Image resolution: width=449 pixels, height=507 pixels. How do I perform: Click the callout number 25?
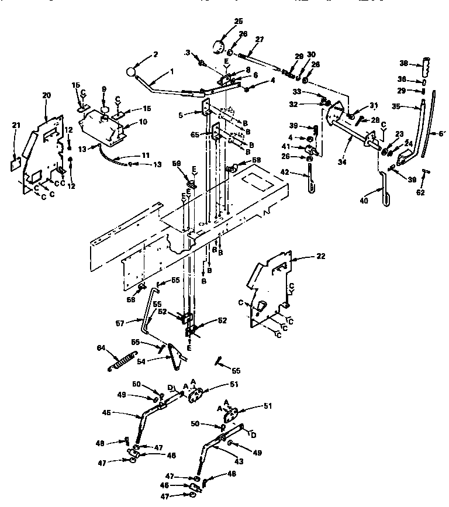(x=222, y=21)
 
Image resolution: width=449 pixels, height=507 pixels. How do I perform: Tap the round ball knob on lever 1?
(x=131, y=72)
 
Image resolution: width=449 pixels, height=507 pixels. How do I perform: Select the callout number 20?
(x=46, y=94)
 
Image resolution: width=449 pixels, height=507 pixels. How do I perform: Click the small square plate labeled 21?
(x=16, y=164)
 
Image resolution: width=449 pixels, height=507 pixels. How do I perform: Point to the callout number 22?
(x=320, y=257)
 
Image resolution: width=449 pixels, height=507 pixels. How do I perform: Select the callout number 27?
(x=258, y=40)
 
